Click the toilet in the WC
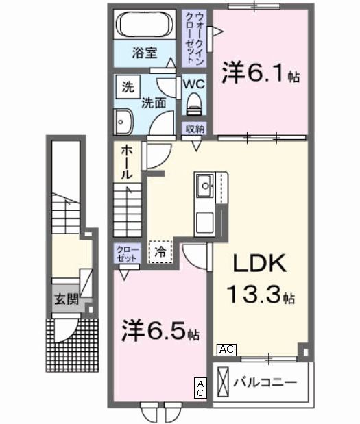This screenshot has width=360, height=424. pyautogui.click(x=193, y=105)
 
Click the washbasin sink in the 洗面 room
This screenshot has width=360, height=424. pyautogui.click(x=123, y=122)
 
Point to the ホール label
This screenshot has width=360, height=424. pyautogui.click(x=128, y=162)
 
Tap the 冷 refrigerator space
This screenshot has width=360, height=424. pyautogui.click(x=160, y=251)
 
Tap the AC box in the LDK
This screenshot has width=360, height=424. pyautogui.click(x=226, y=349)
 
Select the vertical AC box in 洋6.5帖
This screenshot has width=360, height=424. pyautogui.click(x=201, y=389)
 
